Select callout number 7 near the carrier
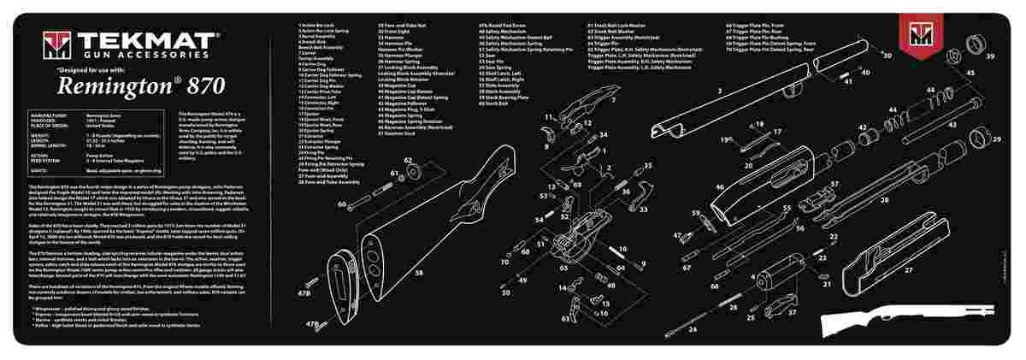(612, 100)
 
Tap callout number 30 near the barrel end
(887, 56)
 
